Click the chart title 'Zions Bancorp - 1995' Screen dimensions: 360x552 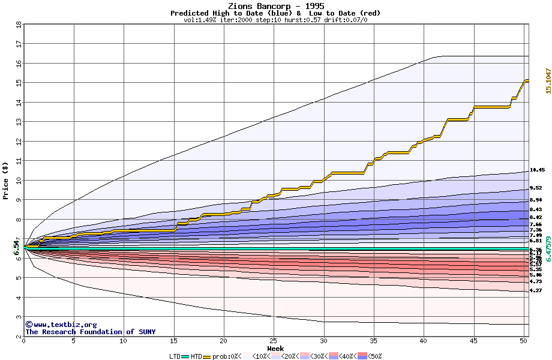[276, 6]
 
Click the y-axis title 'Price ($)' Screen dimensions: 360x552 [6, 181]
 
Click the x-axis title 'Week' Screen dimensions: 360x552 [275, 349]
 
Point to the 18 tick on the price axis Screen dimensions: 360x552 [19, 25]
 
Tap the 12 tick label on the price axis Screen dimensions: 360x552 [19, 142]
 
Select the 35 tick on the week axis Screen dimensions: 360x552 [373, 341]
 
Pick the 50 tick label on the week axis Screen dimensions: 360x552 [523, 341]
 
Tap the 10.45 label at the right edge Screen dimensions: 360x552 [536, 170]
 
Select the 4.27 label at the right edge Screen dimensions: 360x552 [536, 290]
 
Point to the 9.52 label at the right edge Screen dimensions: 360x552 [536, 188]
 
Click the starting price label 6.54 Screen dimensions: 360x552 [17, 247]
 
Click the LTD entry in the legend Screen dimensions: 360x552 [175, 356]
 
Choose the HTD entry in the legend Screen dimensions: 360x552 [196, 356]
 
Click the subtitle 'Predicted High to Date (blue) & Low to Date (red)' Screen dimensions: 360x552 [275, 13]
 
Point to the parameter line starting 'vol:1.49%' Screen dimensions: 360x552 [275, 20]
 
